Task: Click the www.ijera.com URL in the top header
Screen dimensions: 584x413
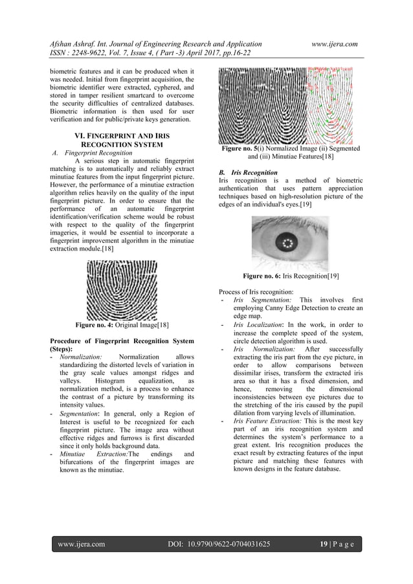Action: tap(335, 43)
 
